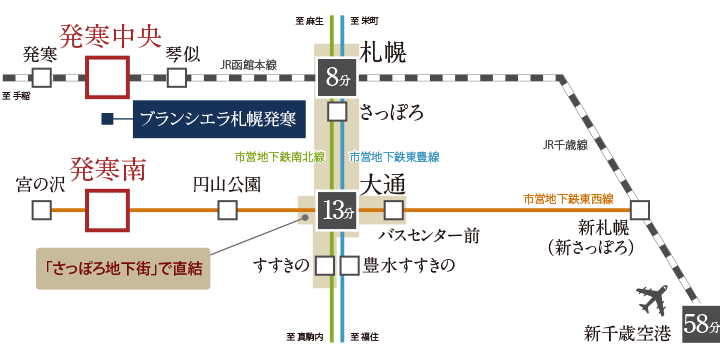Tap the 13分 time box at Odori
click(x=336, y=210)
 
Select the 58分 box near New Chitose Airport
click(x=699, y=323)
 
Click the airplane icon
click(x=650, y=300)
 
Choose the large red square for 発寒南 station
click(x=107, y=210)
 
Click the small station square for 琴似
click(x=176, y=78)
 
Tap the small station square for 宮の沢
click(x=41, y=210)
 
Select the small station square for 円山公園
click(x=228, y=210)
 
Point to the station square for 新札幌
click(x=639, y=210)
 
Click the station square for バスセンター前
click(x=394, y=210)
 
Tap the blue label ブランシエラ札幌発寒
click(x=217, y=119)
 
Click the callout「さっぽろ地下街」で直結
click(x=123, y=269)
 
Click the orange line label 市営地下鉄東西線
click(x=567, y=199)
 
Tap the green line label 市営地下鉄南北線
click(x=278, y=157)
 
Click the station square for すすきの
click(x=324, y=265)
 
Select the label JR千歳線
click(x=565, y=145)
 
